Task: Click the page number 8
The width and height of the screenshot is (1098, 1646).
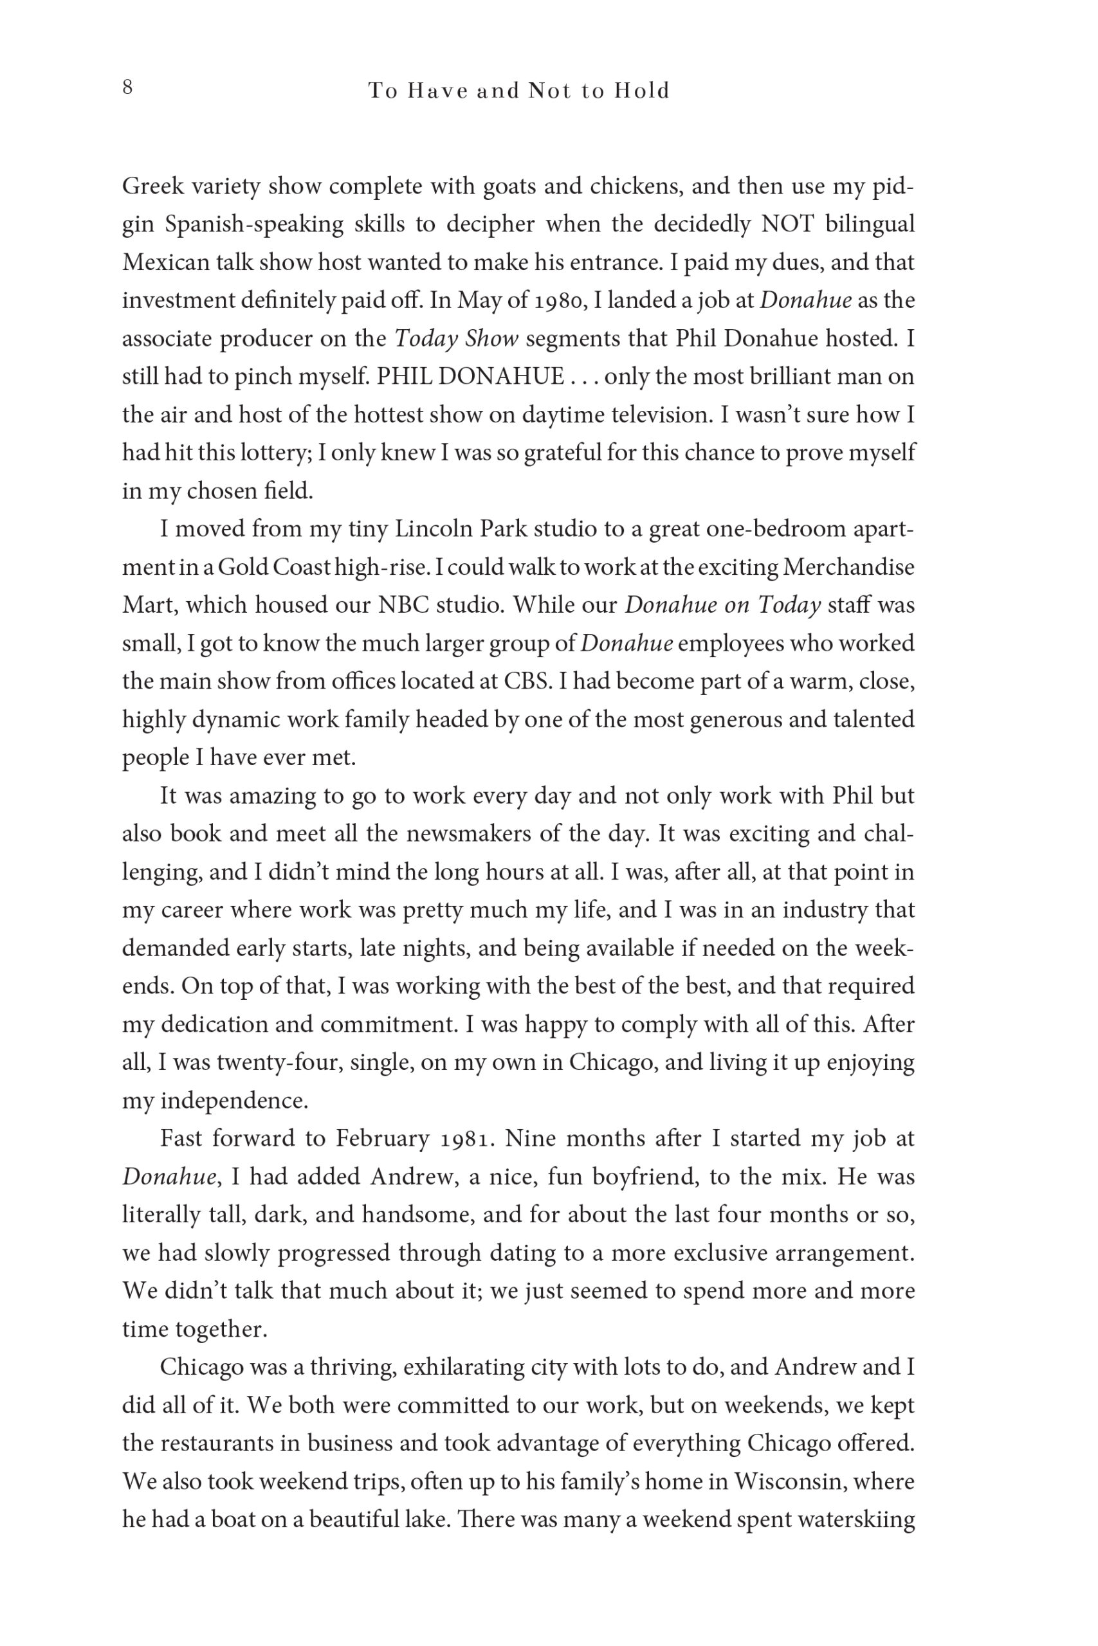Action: [127, 88]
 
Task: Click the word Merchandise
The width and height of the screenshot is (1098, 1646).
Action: [848, 566]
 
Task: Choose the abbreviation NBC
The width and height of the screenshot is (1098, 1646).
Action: [403, 604]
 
